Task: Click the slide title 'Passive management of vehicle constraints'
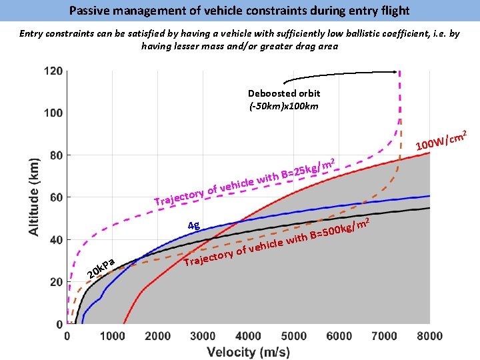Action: [x=239, y=11]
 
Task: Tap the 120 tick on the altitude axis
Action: [x=53, y=71]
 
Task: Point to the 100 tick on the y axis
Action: [x=53, y=113]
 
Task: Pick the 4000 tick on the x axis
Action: [x=249, y=337]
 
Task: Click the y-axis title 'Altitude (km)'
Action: [x=33, y=195]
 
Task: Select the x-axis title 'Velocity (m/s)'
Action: [x=248, y=352]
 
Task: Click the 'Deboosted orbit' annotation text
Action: [x=284, y=93]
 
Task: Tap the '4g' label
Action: [x=194, y=225]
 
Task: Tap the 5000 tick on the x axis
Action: [x=294, y=337]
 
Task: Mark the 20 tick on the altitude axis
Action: [x=56, y=282]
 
